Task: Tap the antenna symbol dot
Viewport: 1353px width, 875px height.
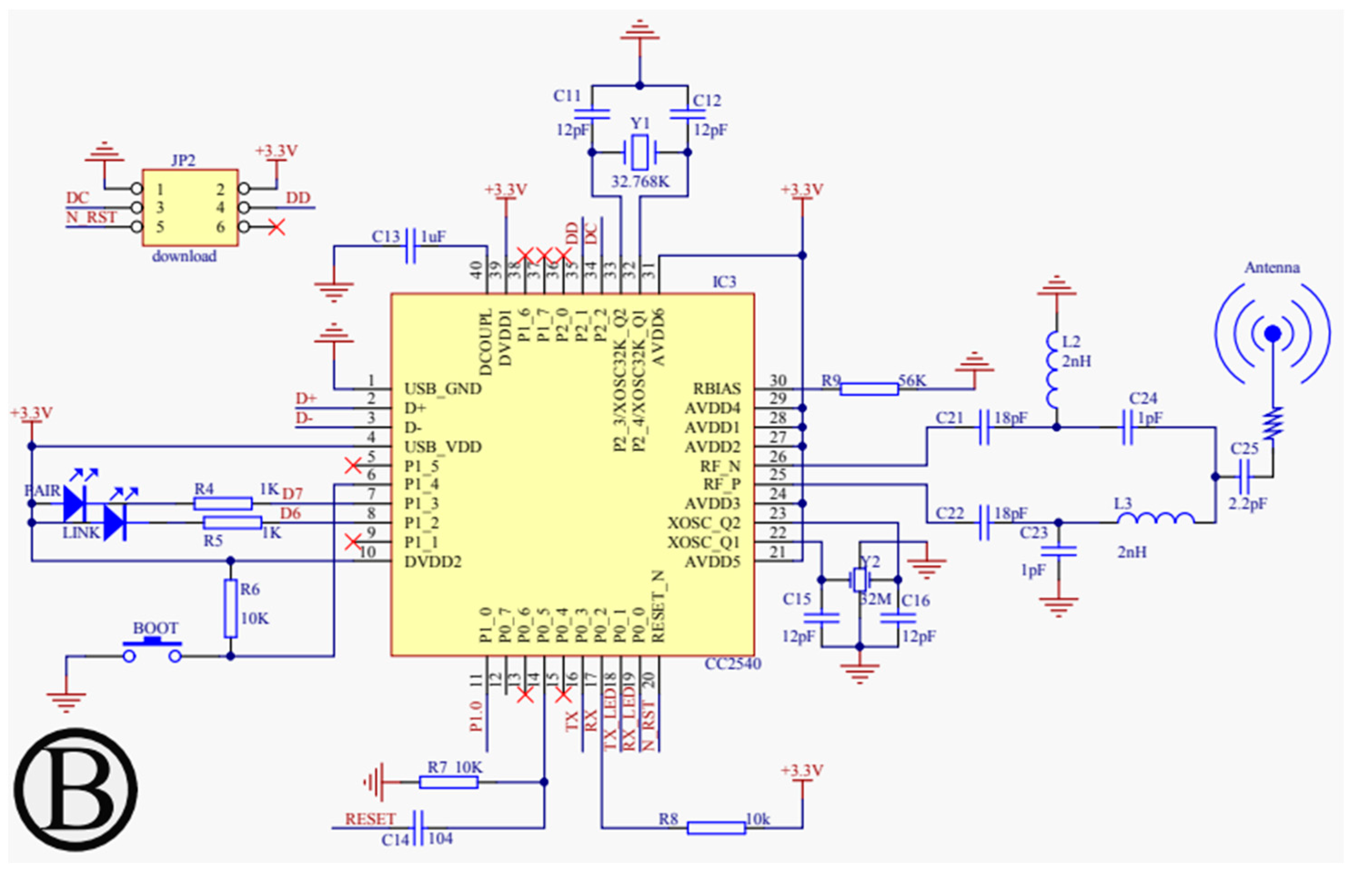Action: coord(1273,333)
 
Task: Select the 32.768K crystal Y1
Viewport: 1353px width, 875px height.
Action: coord(639,152)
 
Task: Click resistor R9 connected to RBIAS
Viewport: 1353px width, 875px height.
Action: coord(869,389)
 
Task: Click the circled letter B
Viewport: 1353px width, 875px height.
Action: coord(75,790)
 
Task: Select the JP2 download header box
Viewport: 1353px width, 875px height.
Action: coord(190,207)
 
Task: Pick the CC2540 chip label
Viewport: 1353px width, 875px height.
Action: coord(732,664)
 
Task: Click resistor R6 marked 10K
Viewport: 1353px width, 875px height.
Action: coord(230,608)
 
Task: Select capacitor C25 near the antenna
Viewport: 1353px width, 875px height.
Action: coord(1244,477)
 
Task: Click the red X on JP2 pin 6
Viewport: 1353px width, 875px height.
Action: coord(277,227)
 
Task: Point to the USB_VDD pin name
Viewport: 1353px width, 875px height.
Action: coord(443,447)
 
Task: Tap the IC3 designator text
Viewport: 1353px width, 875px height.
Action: coord(724,282)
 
